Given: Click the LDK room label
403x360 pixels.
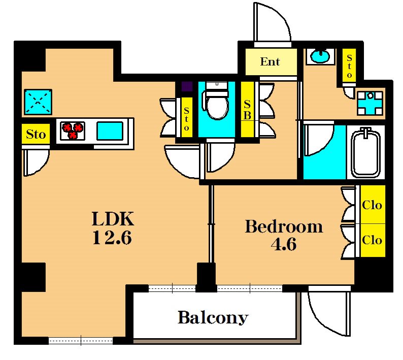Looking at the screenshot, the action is pyautogui.click(x=113, y=218).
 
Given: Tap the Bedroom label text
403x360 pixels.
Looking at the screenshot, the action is pyautogui.click(x=284, y=226).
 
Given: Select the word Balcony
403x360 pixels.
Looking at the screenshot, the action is pyautogui.click(x=213, y=318).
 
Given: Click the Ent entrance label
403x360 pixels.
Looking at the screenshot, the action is pyautogui.click(x=270, y=62).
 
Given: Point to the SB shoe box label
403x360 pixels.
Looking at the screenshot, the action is pyautogui.click(x=247, y=110).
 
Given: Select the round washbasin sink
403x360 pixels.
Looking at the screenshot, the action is pyautogui.click(x=320, y=56).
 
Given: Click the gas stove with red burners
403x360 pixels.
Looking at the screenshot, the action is pyautogui.click(x=73, y=130).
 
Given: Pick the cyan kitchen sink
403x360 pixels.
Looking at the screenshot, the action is pyautogui.click(x=110, y=131).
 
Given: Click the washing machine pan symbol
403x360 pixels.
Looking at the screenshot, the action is pyautogui.click(x=370, y=103).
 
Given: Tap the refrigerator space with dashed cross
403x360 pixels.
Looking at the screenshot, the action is pyautogui.click(x=38, y=102).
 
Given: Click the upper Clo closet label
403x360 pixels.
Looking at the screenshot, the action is pyautogui.click(x=372, y=205).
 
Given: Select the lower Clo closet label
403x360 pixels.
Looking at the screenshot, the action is pyautogui.click(x=372, y=240).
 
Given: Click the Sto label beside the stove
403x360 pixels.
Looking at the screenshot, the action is pyautogui.click(x=36, y=134).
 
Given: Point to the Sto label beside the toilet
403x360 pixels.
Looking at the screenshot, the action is pyautogui.click(x=186, y=119).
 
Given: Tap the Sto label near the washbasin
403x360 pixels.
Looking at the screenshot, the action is pyautogui.click(x=349, y=66).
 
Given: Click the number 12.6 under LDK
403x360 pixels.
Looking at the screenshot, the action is pyautogui.click(x=112, y=237).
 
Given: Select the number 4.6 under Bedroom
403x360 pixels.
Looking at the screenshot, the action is pyautogui.click(x=284, y=244).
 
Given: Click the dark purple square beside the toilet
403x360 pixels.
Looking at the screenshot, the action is pyautogui.click(x=187, y=86).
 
